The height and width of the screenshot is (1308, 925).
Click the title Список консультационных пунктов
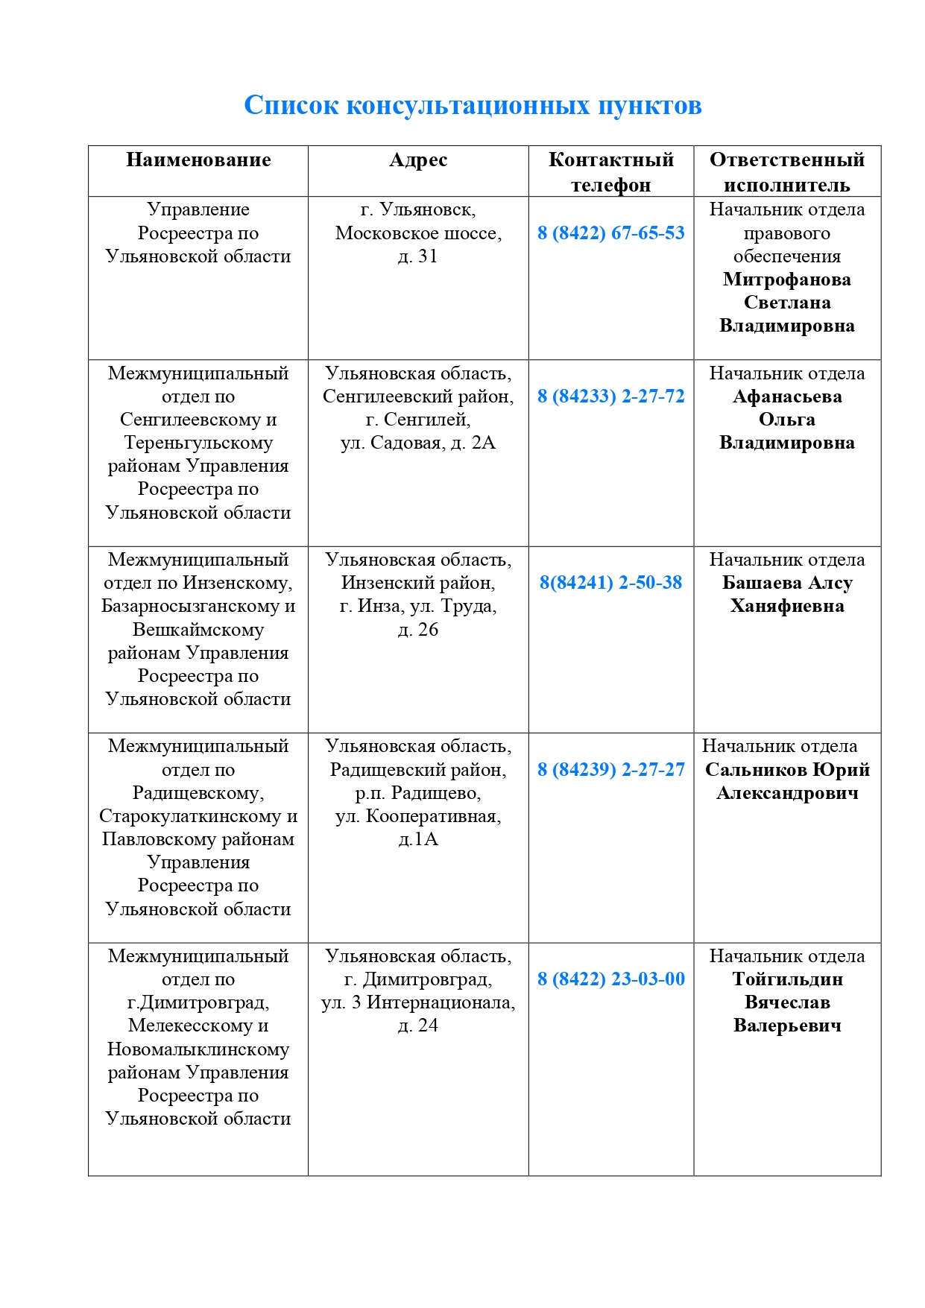click(473, 105)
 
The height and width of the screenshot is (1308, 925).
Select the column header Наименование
click(198, 159)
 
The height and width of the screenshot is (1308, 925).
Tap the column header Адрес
click(418, 159)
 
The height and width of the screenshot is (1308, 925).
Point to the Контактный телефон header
click(611, 171)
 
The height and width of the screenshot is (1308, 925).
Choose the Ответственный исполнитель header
click(787, 171)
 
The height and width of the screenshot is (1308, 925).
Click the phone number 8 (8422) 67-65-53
click(611, 233)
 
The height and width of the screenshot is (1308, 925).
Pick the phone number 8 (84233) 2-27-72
click(611, 396)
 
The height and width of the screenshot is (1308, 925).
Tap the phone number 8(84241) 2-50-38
click(611, 582)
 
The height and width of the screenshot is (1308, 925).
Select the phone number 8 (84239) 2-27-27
click(611, 769)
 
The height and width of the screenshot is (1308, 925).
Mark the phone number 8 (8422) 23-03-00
click(611, 979)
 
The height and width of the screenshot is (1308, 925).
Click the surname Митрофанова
click(787, 279)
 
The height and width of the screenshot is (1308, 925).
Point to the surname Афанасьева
click(787, 396)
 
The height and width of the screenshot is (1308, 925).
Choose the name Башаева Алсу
click(787, 582)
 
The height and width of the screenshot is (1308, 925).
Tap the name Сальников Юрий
click(787, 769)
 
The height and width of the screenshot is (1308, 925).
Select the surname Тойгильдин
click(787, 979)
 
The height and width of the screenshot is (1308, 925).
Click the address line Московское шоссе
click(417, 233)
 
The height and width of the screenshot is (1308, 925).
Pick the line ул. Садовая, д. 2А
click(418, 443)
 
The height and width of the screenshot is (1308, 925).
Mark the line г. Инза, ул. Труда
click(418, 606)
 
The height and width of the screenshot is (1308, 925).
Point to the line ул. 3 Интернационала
click(418, 1002)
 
